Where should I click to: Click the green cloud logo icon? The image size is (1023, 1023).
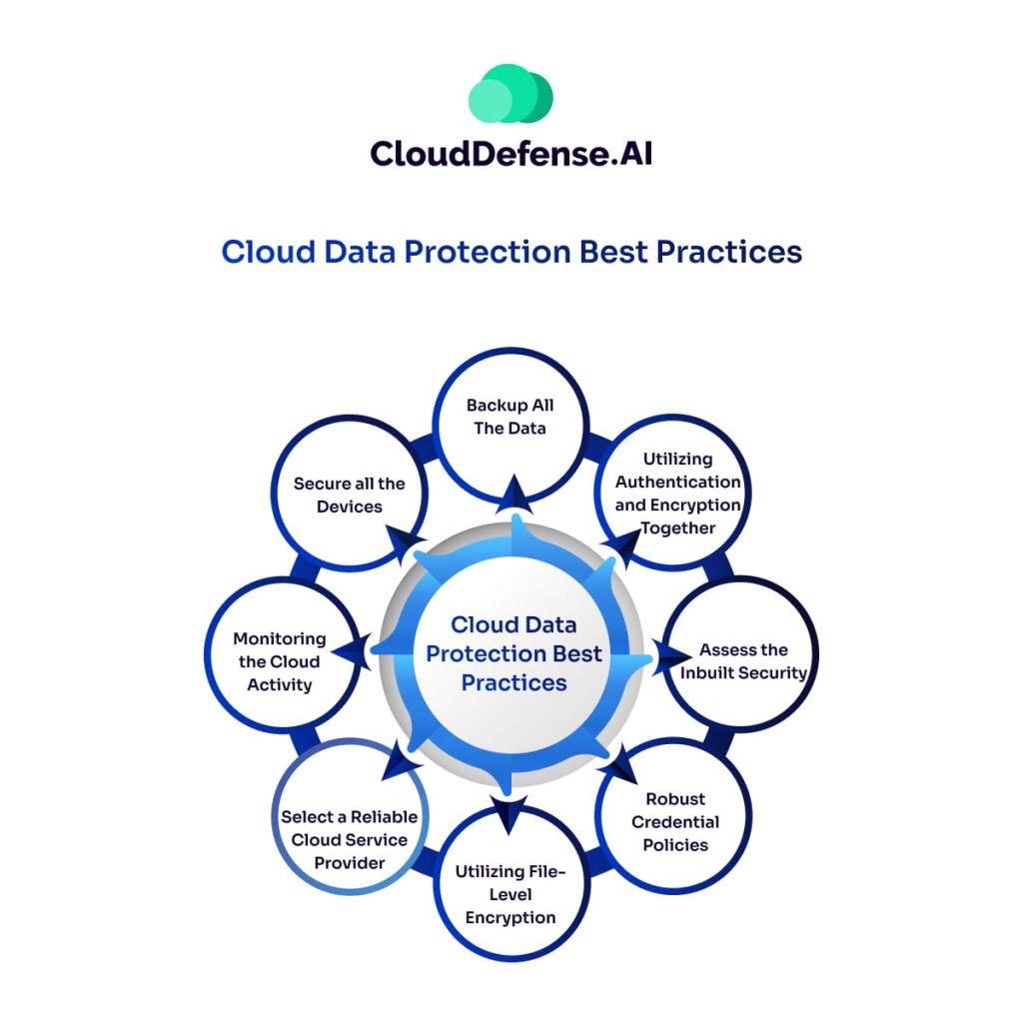[511, 93]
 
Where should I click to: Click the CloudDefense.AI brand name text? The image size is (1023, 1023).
[511, 154]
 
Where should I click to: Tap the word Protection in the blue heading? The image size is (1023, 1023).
[488, 252]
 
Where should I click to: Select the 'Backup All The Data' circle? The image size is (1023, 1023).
[511, 426]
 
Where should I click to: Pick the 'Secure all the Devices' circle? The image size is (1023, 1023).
[350, 494]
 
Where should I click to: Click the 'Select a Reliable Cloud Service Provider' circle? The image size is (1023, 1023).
[350, 816]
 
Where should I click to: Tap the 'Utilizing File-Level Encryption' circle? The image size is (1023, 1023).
[511, 883]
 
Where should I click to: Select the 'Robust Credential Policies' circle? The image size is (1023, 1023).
[674, 816]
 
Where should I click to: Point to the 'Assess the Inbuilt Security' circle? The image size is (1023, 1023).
[741, 654]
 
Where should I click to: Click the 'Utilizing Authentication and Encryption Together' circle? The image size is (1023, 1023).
[673, 493]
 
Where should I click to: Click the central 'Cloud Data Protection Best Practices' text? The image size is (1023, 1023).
[514, 653]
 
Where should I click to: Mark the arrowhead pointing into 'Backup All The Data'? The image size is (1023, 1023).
[514, 494]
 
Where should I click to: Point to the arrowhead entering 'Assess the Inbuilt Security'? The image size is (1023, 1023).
[671, 656]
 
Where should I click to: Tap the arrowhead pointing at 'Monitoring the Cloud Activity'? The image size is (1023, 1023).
[352, 651]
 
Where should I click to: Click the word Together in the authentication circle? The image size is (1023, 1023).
[678, 528]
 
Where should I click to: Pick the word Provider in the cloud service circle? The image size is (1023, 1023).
[350, 863]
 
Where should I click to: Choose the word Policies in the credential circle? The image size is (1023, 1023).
[675, 845]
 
